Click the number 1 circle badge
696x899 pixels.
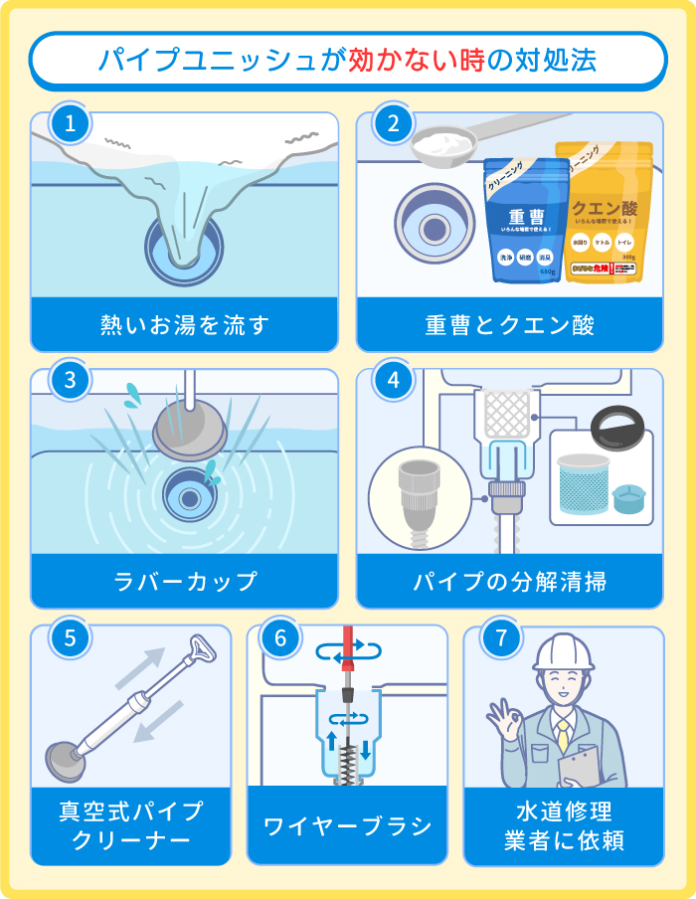(x=70, y=124)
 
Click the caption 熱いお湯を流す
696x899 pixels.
(x=185, y=324)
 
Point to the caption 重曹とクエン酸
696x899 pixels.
(x=509, y=324)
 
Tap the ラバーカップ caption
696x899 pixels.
(x=185, y=581)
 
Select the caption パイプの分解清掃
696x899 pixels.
(x=509, y=581)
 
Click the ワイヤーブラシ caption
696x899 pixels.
(x=347, y=825)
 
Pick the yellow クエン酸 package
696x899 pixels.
(x=604, y=214)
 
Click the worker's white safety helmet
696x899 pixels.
(x=563, y=651)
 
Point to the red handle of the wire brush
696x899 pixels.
(x=348, y=661)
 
